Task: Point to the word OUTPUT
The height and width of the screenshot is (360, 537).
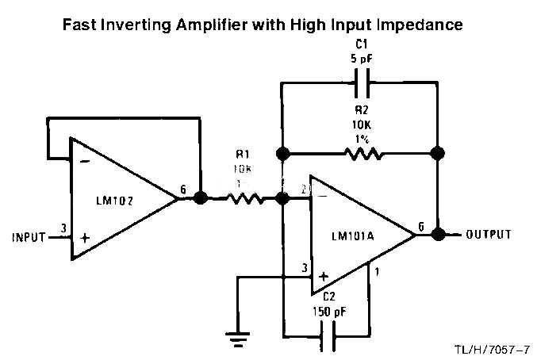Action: pyautogui.click(x=489, y=235)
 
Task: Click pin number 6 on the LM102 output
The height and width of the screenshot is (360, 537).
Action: pyautogui.click(x=183, y=189)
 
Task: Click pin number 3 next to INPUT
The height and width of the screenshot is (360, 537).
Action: pyautogui.click(x=63, y=229)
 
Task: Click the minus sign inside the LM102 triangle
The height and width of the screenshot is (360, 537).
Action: pyautogui.click(x=85, y=160)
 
